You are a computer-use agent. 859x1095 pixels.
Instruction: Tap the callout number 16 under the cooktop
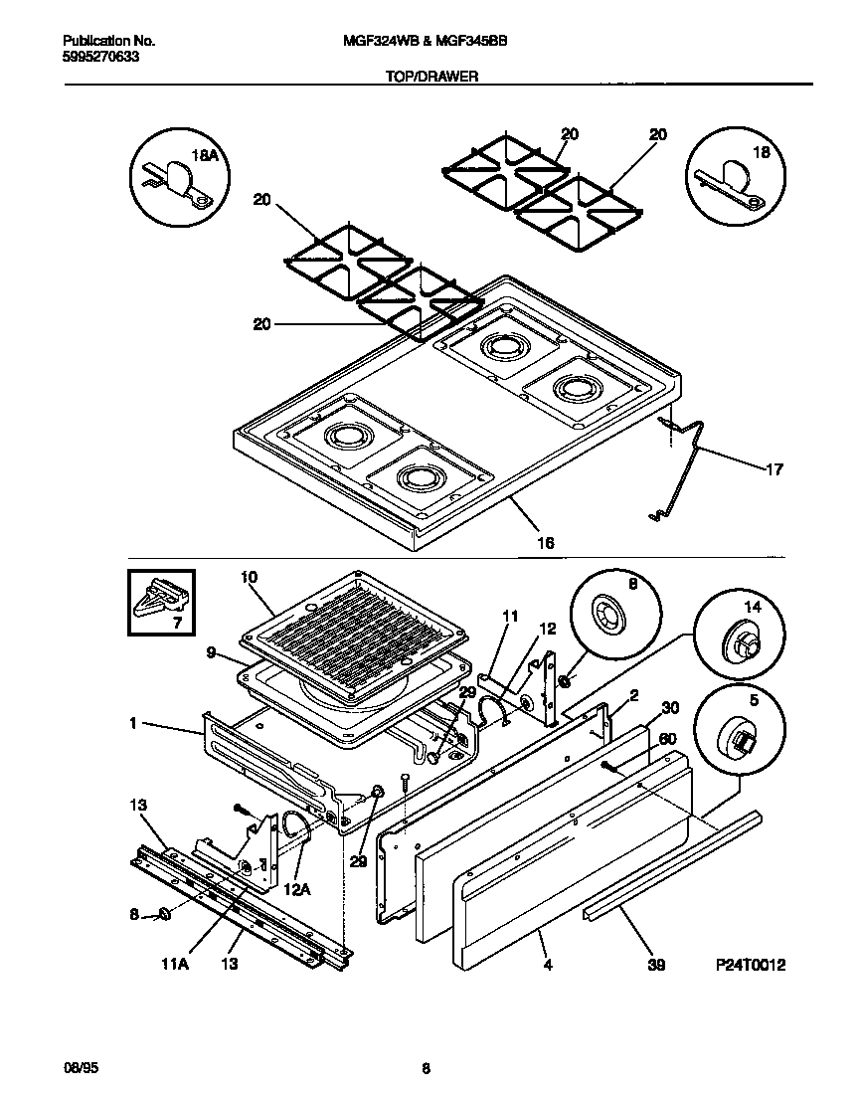(545, 543)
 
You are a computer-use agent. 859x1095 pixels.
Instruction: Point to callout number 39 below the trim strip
(655, 964)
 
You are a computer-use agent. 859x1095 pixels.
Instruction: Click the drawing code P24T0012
(751, 964)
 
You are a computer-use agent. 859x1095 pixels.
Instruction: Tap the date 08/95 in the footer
(79, 1068)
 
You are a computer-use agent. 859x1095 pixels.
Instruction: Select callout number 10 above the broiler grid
(249, 576)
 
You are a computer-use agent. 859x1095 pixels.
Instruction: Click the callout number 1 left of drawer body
(132, 724)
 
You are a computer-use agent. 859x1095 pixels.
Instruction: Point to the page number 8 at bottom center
(426, 1069)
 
